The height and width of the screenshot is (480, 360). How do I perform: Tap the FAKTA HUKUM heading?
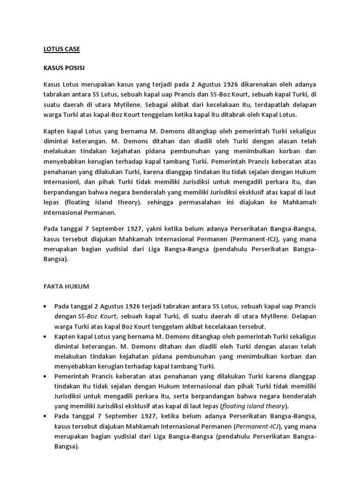click(64, 286)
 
